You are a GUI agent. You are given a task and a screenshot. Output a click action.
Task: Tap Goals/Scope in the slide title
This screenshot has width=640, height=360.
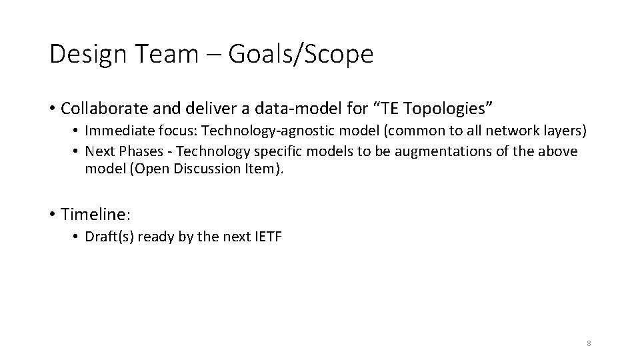[x=301, y=55]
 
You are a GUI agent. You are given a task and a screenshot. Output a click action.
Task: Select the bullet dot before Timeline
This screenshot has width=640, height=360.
[x=52, y=215]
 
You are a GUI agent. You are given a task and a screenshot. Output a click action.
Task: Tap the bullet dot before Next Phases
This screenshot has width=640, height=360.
[x=77, y=152]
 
